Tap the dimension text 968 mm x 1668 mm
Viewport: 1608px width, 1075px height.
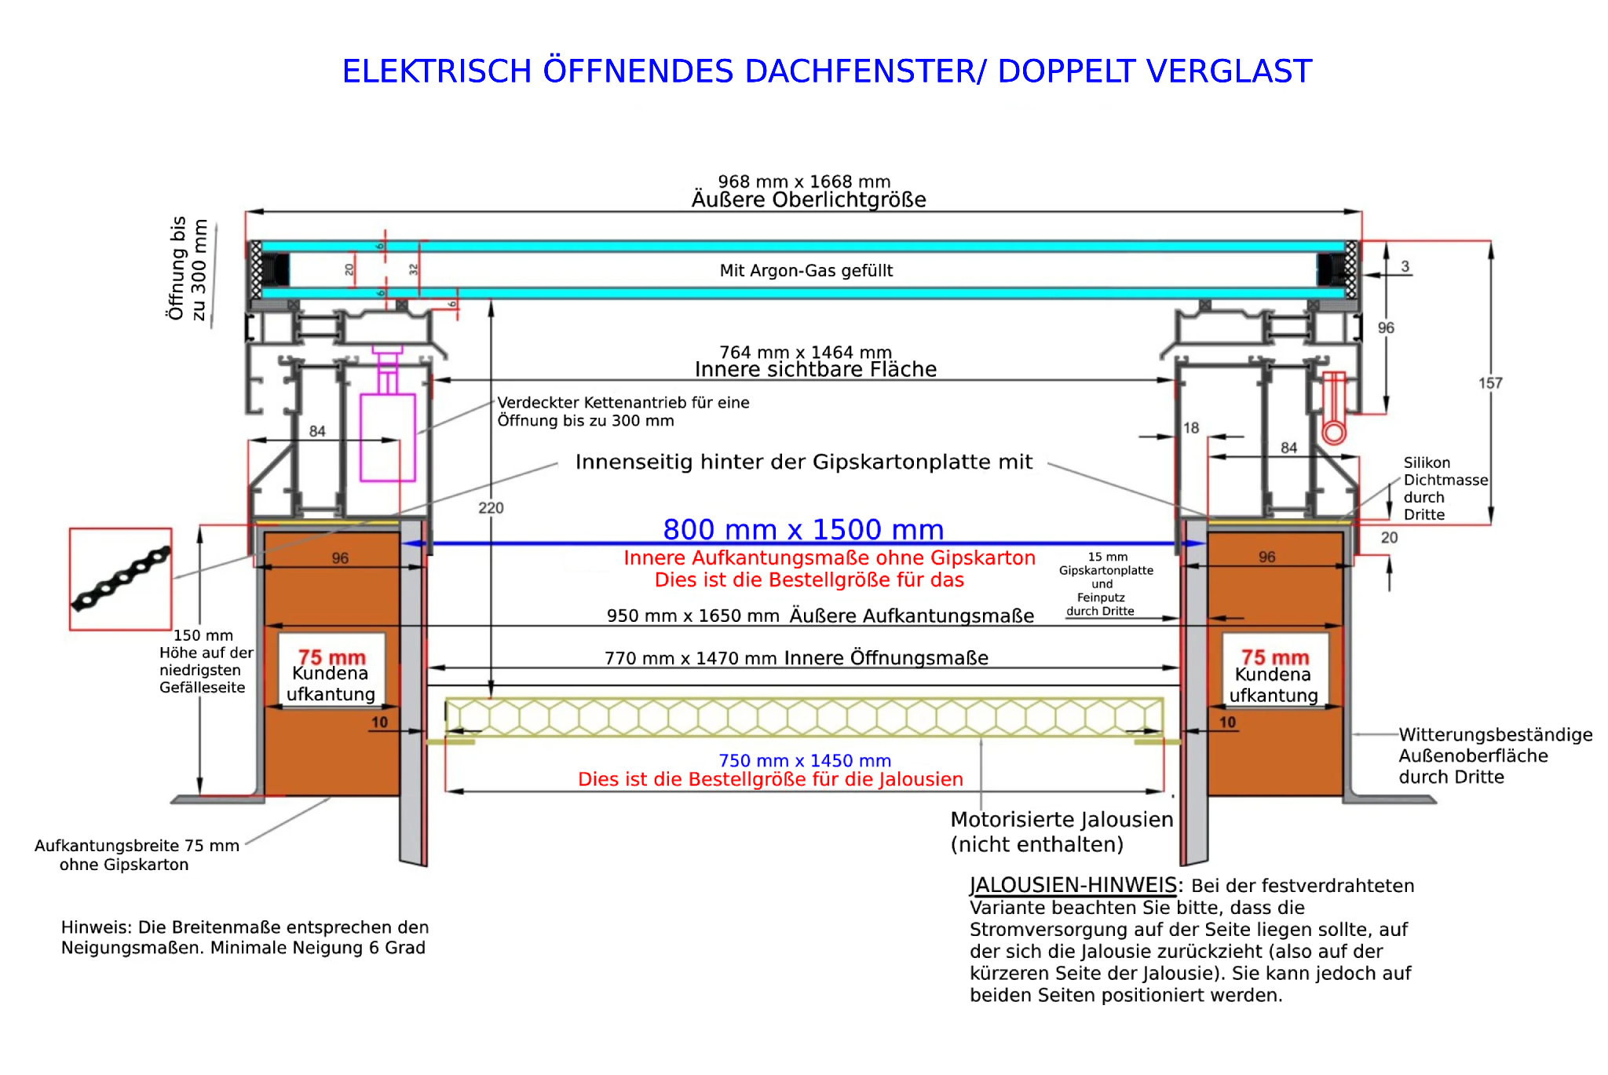(x=804, y=181)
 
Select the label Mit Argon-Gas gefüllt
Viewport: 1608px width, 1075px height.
(x=806, y=271)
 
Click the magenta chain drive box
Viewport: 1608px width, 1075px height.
(x=387, y=437)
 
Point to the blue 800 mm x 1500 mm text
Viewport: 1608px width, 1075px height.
(x=803, y=529)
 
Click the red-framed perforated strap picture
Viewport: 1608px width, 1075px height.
(x=120, y=580)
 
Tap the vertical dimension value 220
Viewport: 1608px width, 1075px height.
(x=491, y=508)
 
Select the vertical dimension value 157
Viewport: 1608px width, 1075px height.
(x=1490, y=383)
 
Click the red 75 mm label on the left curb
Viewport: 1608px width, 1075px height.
(x=331, y=656)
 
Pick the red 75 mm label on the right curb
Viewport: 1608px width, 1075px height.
(x=1274, y=656)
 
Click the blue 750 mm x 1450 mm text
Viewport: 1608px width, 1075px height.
(x=805, y=761)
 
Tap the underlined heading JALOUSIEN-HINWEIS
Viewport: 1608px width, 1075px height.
(x=1073, y=885)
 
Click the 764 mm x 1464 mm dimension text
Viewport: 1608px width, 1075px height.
(x=806, y=353)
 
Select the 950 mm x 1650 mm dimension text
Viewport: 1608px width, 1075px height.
(x=693, y=616)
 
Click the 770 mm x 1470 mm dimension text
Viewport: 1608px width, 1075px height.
(x=691, y=658)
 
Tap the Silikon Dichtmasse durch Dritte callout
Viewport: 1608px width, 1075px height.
(x=1445, y=488)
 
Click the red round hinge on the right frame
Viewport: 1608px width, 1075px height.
(x=1334, y=432)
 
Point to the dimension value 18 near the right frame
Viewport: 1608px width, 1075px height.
(x=1191, y=428)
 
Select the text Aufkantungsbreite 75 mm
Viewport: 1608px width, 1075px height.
(x=137, y=846)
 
